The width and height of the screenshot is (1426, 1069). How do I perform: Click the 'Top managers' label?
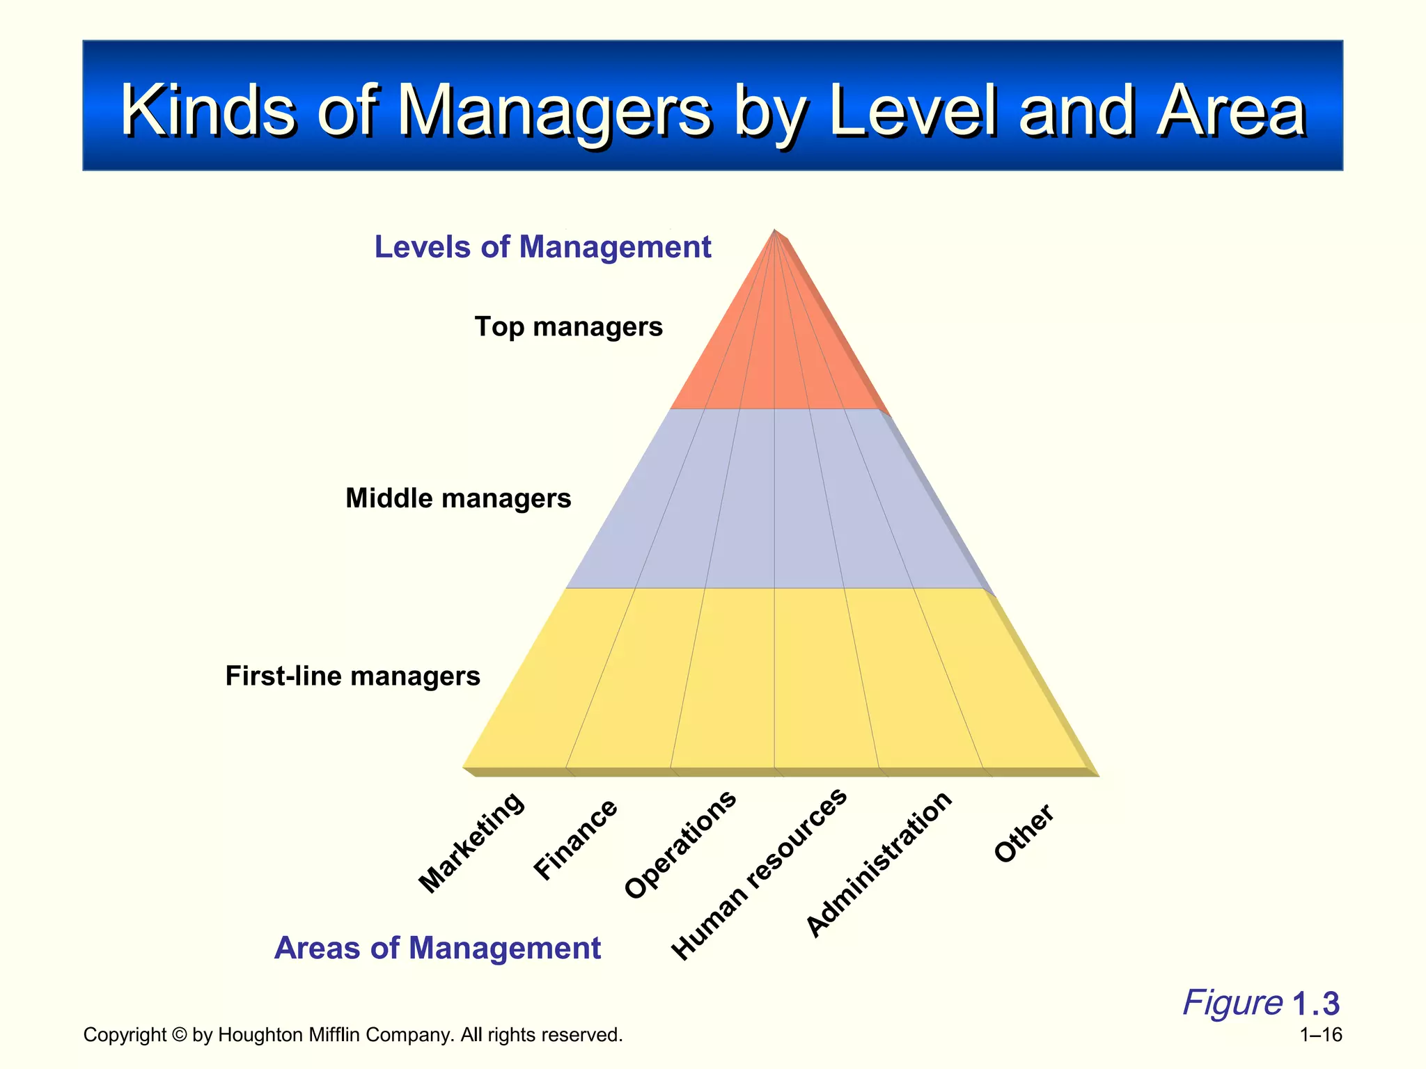(568, 326)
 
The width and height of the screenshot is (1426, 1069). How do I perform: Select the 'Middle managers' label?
(458, 498)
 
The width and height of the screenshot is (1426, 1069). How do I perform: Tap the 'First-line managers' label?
(352, 676)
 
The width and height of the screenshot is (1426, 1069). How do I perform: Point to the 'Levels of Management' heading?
(542, 247)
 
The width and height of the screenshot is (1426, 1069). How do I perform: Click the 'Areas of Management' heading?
(437, 948)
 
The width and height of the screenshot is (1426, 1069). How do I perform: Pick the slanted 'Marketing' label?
(471, 843)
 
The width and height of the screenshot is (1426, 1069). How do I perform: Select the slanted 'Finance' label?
(575, 839)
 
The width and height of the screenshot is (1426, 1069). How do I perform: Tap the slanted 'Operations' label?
(680, 845)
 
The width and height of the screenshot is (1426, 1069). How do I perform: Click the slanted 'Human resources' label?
(759, 874)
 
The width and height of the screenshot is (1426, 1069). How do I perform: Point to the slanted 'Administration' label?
(879, 864)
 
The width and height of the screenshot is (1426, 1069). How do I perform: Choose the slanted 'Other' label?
(1024, 834)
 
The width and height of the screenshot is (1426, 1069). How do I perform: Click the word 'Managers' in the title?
(554, 111)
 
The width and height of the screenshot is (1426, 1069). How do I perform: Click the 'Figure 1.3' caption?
(1261, 1003)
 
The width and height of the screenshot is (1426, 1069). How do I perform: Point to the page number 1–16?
(1321, 1035)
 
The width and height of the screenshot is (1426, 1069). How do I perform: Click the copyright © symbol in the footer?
(180, 1035)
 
